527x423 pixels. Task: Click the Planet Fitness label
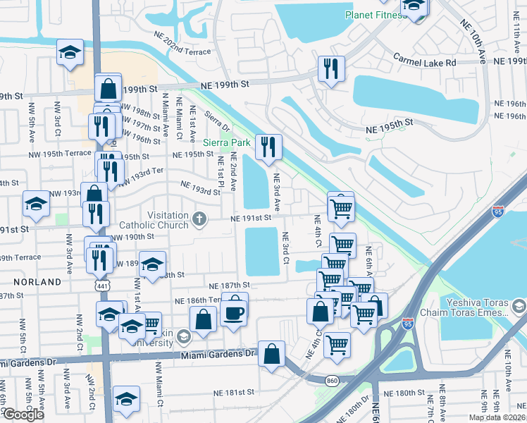373,14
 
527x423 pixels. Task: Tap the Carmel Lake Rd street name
425,63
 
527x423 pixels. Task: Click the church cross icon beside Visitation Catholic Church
199,220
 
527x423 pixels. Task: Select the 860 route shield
333,381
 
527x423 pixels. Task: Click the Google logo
23,415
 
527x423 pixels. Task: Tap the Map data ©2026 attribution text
496,416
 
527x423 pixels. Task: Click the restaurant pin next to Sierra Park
268,147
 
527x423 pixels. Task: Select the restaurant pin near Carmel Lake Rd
330,68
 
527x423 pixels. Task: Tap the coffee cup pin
235,311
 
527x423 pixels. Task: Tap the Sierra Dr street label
216,121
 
